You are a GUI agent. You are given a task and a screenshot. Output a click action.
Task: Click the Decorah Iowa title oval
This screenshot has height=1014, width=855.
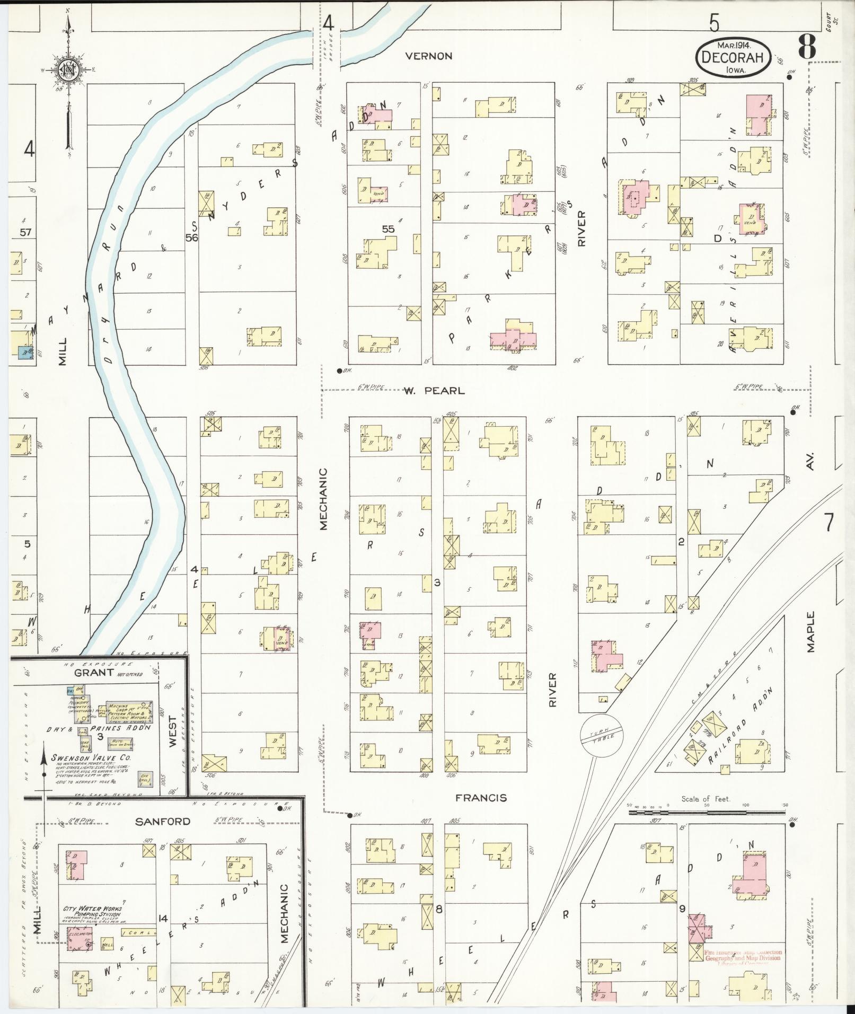click(x=734, y=56)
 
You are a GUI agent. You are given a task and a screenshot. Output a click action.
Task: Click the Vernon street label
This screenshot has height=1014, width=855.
click(x=428, y=56)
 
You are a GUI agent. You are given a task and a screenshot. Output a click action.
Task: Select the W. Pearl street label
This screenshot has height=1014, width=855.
click(x=434, y=391)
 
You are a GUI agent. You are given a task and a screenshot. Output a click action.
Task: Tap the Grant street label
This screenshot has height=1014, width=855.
click(x=94, y=673)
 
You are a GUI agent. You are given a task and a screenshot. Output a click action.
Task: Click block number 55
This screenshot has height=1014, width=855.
click(x=389, y=229)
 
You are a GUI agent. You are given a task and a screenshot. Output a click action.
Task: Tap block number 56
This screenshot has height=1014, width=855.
click(x=191, y=238)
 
